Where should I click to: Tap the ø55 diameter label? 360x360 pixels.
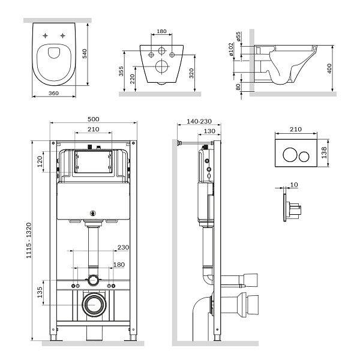238,37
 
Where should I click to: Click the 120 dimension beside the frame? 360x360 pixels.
40,162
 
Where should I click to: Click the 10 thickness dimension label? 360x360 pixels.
293,185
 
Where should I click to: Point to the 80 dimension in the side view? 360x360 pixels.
238,87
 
